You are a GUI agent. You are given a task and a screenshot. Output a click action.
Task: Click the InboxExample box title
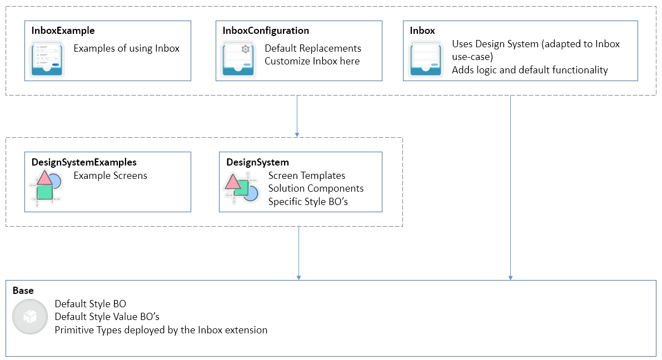coord(63,31)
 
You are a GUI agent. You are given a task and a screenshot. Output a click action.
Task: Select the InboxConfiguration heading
coord(265,31)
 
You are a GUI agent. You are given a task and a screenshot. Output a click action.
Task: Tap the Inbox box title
coord(422,31)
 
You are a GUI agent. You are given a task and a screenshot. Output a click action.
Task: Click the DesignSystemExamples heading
coord(84,162)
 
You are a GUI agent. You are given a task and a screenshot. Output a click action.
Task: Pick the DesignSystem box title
coord(257,162)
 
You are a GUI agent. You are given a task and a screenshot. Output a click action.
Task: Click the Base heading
coord(23,291)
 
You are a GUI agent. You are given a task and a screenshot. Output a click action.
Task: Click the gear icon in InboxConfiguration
coord(245,49)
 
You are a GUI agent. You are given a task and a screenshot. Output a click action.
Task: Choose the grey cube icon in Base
coord(29,317)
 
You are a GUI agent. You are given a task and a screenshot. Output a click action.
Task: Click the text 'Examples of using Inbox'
coord(127,48)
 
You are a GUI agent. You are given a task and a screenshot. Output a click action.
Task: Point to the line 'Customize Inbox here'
coord(312,61)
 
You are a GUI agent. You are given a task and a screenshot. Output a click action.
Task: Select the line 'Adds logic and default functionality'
coord(530,70)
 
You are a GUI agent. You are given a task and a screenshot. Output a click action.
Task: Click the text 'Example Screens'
coord(110,176)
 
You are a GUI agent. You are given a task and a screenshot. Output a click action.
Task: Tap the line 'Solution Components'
coord(316,188)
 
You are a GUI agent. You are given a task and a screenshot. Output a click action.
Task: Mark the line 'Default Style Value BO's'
coord(107,317)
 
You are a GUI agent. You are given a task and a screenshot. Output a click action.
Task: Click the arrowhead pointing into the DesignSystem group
coord(297,134)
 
